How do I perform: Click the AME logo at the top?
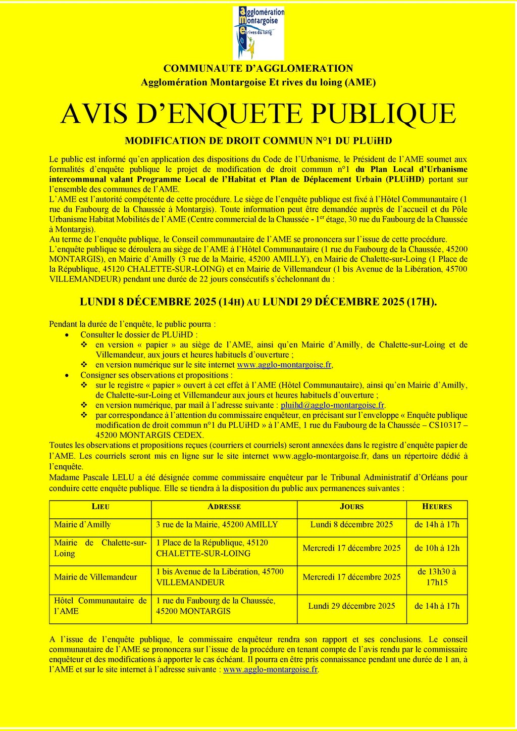pos(258,33)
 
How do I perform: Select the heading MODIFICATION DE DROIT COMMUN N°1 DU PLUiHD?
pos(258,141)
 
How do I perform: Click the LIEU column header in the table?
pos(100,507)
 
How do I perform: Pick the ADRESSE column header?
pos(224,507)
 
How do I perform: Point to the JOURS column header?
pos(351,507)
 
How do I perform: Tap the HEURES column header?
pos(437,507)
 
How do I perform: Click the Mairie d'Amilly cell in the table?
pos(82,524)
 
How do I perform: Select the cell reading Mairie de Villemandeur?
pos(95,577)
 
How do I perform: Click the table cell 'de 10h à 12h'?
pos(437,548)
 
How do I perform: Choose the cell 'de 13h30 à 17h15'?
pos(437,577)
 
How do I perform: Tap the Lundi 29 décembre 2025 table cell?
pos(351,606)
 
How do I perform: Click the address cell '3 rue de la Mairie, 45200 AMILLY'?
pos(217,524)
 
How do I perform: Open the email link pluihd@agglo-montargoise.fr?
pos(333,405)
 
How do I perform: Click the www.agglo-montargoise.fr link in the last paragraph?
pos(271,669)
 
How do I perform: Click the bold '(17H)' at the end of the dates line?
pos(422,302)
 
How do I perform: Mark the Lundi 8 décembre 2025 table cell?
pos(351,524)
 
